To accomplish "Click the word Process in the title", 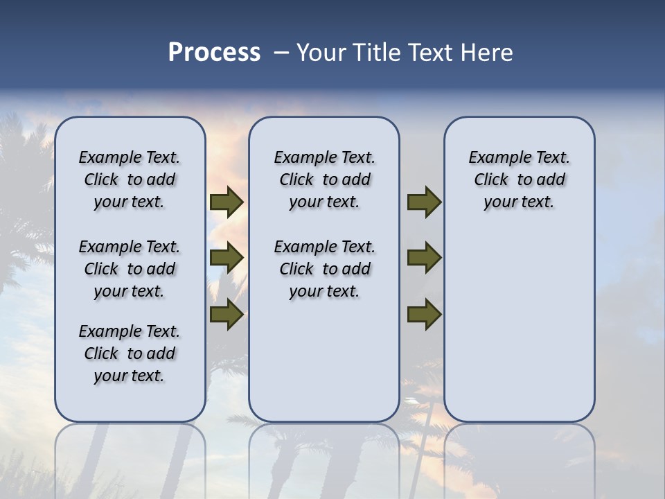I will tap(214, 53).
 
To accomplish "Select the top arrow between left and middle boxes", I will tap(227, 202).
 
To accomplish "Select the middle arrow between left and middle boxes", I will tap(227, 258).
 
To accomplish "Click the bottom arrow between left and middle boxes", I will tap(227, 314).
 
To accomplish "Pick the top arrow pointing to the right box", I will tap(424, 202).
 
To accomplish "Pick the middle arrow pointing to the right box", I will tap(424, 258).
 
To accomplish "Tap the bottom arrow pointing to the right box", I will tap(424, 314).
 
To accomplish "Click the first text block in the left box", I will tap(130, 180).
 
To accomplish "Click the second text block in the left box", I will tap(130, 269).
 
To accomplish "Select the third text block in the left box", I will tap(130, 353).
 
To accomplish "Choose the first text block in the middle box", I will tap(324, 180).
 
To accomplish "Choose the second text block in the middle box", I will tap(324, 269).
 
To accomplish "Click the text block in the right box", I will tap(519, 180).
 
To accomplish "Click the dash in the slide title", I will tap(281, 53).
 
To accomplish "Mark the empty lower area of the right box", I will tap(519, 326).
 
